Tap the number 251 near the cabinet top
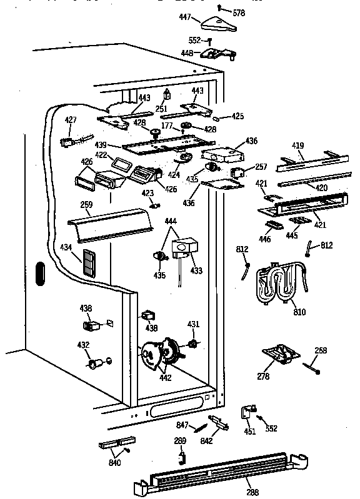[x=161, y=109]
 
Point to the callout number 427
[x=71, y=120]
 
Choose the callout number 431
[x=194, y=324]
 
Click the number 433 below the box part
[x=197, y=271]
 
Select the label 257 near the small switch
[x=261, y=167]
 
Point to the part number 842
[x=207, y=442]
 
